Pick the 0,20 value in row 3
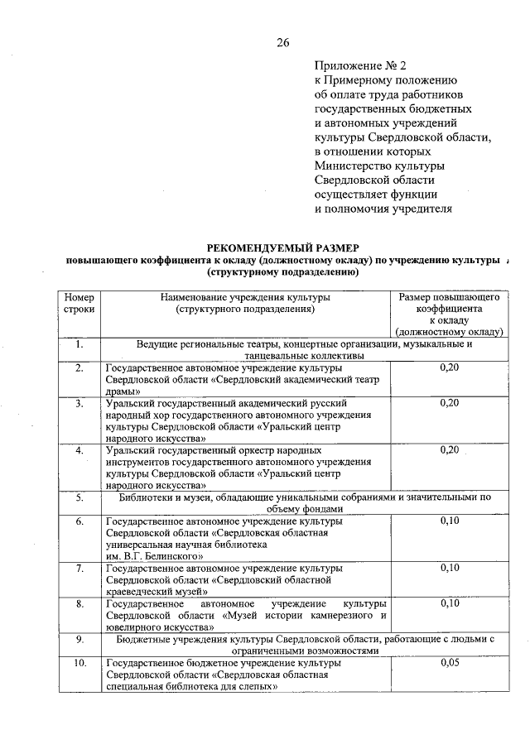pyautogui.click(x=450, y=402)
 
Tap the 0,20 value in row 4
pyautogui.click(x=450, y=449)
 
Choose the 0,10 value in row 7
pyautogui.click(x=450, y=568)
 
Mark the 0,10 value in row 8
pyautogui.click(x=450, y=603)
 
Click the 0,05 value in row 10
pyautogui.click(x=450, y=663)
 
